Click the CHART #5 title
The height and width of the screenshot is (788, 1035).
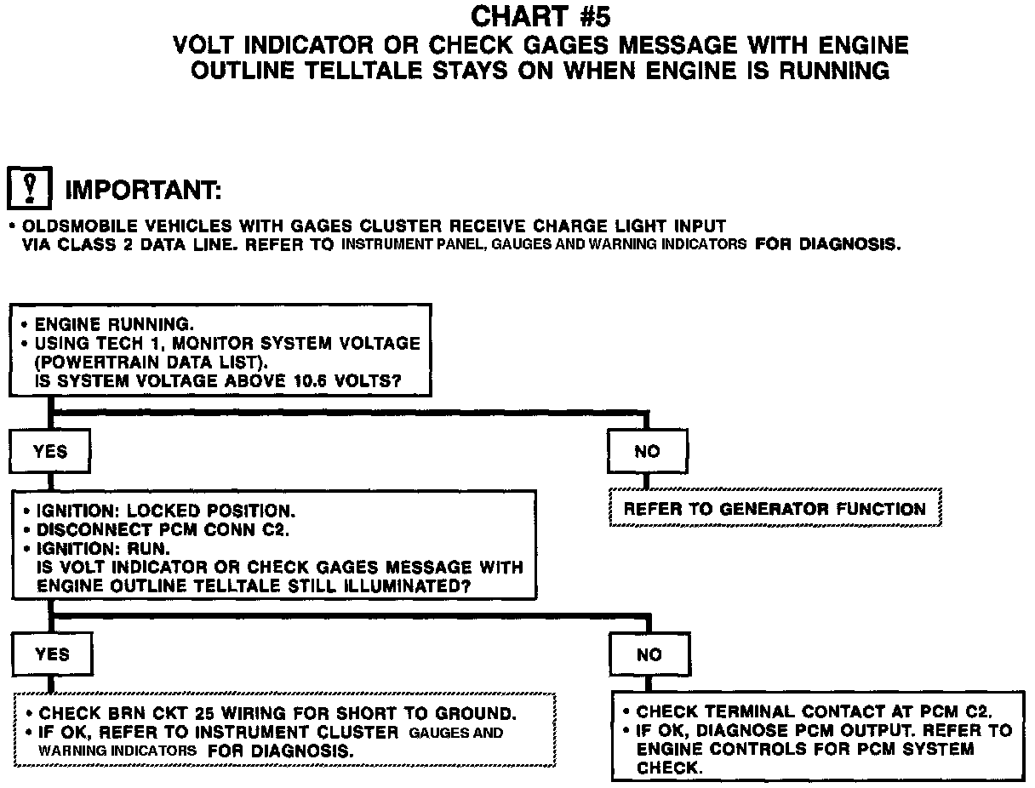click(540, 16)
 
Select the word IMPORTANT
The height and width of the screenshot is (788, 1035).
click(143, 190)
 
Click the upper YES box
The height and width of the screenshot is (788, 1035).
click(50, 451)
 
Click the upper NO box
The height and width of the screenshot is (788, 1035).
click(647, 451)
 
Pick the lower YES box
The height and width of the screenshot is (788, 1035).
click(51, 654)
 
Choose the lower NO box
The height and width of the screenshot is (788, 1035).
click(649, 654)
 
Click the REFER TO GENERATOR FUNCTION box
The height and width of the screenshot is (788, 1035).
click(775, 509)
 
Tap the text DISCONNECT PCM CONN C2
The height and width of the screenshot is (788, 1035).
click(163, 529)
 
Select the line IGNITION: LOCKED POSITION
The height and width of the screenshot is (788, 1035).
click(165, 511)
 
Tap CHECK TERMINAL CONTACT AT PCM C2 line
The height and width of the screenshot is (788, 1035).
click(814, 711)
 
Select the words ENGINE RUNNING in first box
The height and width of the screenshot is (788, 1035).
click(113, 324)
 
